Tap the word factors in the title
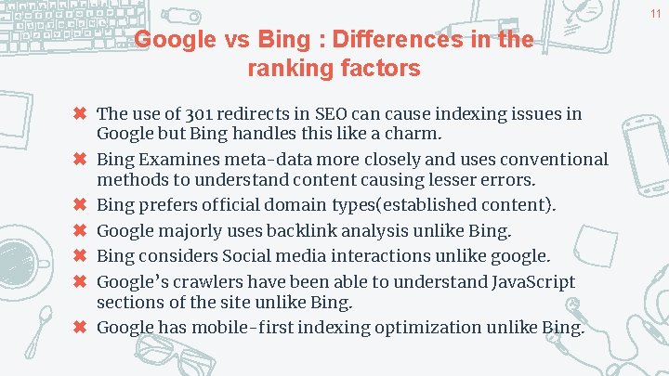pos(382,69)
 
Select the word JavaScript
pos(525,281)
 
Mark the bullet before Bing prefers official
pos(81,204)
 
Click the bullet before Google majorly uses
pos(81,230)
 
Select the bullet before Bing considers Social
pos(81,255)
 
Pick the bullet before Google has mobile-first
pos(81,327)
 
